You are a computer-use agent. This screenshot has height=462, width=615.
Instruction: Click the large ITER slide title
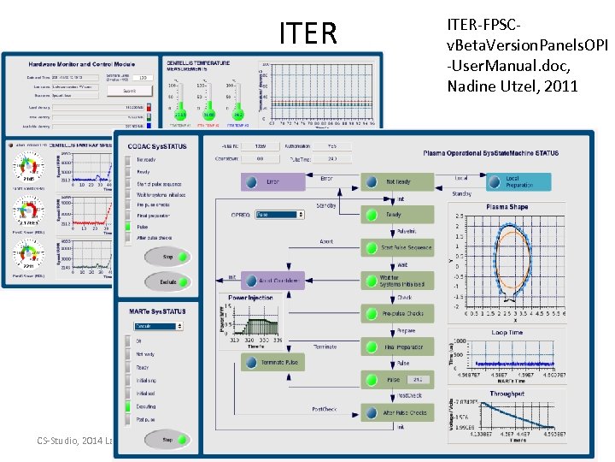tap(308, 33)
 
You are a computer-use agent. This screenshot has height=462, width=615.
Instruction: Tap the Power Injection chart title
tap(251, 299)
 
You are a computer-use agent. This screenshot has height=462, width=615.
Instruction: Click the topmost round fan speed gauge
tap(28, 161)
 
